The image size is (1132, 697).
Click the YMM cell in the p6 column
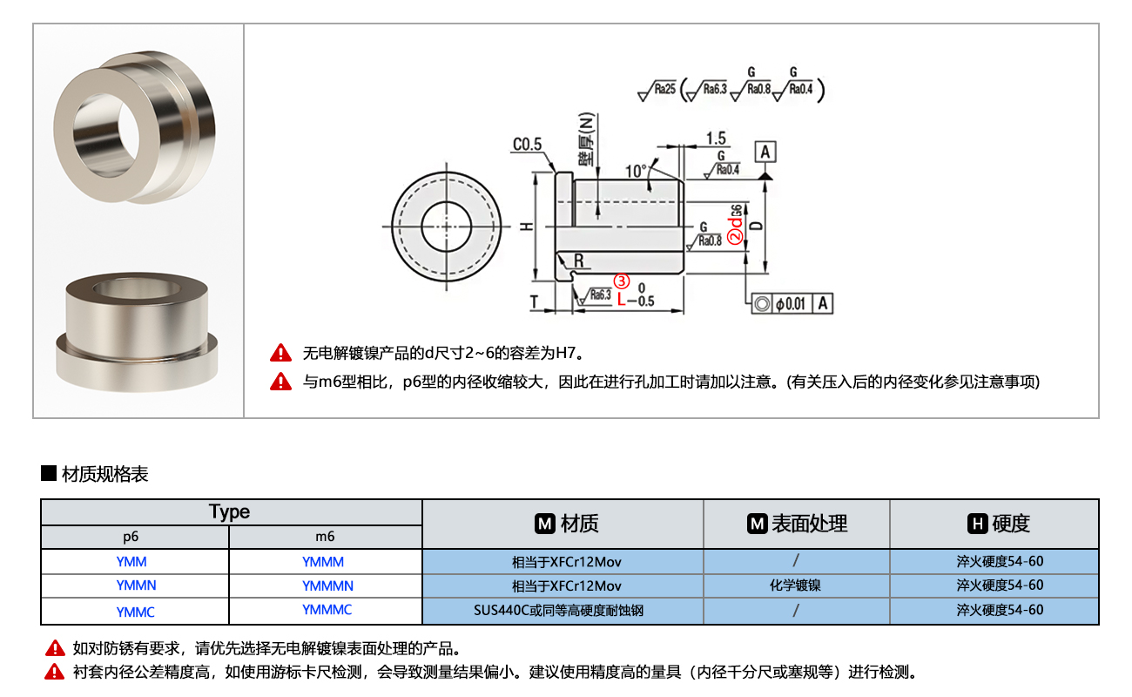click(131, 562)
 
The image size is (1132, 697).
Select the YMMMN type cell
click(327, 586)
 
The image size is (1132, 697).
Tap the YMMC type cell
click(135, 612)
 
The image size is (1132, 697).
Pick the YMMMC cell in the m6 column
click(327, 610)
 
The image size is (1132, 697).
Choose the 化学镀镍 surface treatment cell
click(795, 585)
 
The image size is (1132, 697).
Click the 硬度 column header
click(999, 524)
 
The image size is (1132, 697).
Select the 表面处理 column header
click(797, 524)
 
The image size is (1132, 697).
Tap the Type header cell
click(230, 511)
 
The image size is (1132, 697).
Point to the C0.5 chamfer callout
click(527, 144)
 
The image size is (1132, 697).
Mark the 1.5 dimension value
click(717, 138)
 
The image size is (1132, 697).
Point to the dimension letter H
click(526, 226)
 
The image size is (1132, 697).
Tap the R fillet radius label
click(578, 261)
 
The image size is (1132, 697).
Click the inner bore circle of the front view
click(445, 226)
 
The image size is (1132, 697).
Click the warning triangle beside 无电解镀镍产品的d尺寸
click(281, 353)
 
